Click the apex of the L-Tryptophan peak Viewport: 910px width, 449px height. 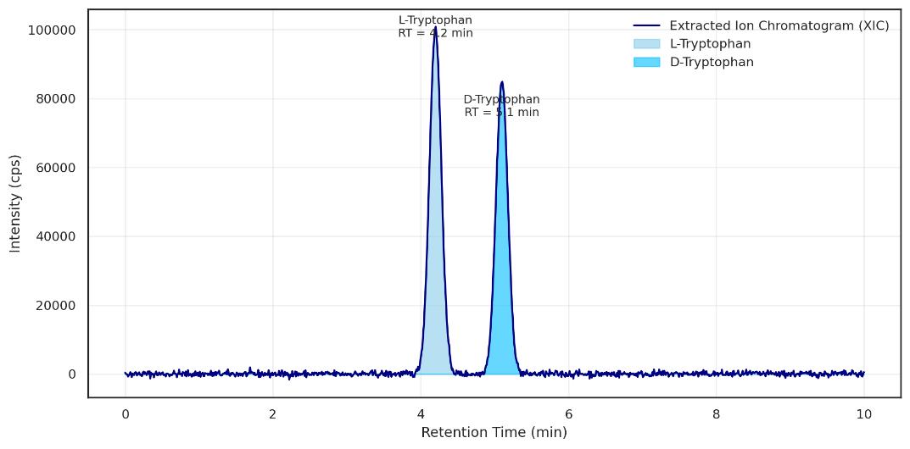pos(435,28)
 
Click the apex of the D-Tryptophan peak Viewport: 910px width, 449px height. pos(502,82)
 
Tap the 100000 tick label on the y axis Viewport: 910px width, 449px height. pos(53,30)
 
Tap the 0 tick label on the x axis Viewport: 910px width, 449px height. pos(126,414)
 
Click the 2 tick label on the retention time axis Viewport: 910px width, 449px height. pos(273,414)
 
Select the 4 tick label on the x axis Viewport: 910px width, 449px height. pos(421,414)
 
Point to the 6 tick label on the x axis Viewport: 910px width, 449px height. pos(568,414)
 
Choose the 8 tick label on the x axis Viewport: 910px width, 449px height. pos(716,414)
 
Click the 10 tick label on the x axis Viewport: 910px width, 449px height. pos(863,414)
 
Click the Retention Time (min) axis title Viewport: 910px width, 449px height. pos(494,433)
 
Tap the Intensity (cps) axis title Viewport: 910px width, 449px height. pos(14,202)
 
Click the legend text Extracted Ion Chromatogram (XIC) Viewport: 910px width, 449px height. pos(779,25)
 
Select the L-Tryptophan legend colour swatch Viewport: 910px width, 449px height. pos(647,44)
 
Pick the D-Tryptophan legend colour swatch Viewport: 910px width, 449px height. pos(647,62)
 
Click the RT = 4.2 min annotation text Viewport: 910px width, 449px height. pos(435,33)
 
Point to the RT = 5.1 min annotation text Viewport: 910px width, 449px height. pos(501,113)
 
